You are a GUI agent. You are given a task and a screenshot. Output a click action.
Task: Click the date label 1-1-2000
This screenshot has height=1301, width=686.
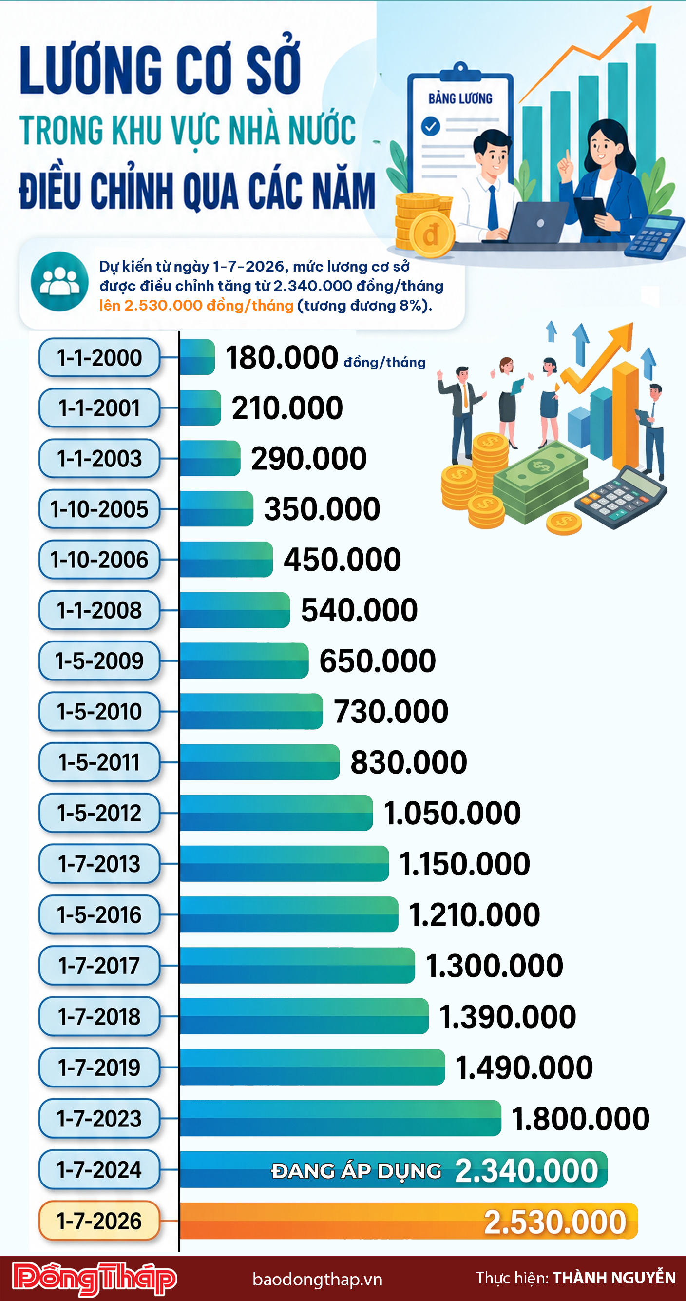click(99, 358)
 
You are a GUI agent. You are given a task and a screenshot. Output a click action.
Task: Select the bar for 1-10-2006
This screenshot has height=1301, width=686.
click(226, 559)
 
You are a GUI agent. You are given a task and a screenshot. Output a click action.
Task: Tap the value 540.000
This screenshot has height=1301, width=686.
click(359, 610)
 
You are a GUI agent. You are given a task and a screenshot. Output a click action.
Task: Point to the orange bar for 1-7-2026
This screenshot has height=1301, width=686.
click(328, 1221)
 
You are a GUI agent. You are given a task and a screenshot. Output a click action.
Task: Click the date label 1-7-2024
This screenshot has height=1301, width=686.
click(99, 1169)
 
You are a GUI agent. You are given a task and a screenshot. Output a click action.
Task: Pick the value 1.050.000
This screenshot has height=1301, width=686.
click(452, 813)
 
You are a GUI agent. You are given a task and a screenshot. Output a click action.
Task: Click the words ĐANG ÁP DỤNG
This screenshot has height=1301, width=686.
click(356, 1171)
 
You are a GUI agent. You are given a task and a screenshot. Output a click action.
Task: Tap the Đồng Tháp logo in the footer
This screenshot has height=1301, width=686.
click(95, 1278)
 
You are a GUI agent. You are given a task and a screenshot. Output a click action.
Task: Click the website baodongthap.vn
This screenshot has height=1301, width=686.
click(317, 1279)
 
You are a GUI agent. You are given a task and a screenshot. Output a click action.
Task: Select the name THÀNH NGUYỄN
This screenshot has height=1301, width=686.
click(614, 1278)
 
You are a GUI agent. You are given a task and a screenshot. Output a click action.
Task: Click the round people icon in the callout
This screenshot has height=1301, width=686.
click(59, 281)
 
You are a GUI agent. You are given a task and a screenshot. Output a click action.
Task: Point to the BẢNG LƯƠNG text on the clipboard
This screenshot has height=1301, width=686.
click(460, 98)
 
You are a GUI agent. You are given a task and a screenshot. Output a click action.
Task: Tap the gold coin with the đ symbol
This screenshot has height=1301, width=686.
click(432, 235)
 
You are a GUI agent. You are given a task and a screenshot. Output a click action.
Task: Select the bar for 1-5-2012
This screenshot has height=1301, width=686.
click(276, 813)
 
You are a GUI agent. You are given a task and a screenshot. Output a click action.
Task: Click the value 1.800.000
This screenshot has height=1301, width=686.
click(580, 1118)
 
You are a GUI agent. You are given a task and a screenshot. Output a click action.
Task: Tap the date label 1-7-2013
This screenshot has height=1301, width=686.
click(99, 864)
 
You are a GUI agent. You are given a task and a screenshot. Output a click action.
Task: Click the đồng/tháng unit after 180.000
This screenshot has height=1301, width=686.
click(384, 362)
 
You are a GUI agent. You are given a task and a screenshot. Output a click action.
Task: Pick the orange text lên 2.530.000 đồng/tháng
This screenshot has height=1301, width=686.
click(196, 306)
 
